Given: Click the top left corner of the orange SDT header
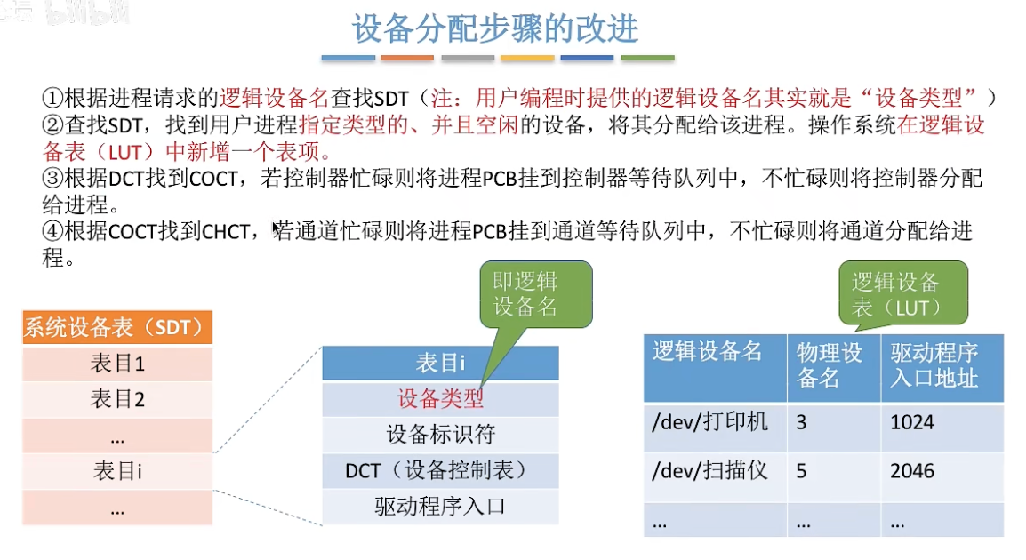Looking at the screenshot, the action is pos(23,311).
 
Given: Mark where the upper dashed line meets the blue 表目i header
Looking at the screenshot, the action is pos(322,348).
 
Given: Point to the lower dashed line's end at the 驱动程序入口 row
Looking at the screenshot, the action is pos(322,524).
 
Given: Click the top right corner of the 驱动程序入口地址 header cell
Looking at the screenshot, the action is pos(1003,335).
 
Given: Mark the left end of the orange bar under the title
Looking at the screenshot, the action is pos(381,59).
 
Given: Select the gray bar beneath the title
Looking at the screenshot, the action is pos(468,59).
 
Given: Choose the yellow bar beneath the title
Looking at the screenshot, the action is pos(527,59).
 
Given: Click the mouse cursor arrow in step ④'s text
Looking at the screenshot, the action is pos(277,228).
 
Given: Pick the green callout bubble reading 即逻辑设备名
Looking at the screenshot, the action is pos(536,293).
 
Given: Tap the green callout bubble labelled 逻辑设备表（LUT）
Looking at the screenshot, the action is pos(903,293).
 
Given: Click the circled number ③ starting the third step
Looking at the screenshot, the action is pos(53,178).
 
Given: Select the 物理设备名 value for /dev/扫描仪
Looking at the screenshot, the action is pos(802,472).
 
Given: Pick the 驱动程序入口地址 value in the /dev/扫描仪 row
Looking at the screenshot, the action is pos(911,471).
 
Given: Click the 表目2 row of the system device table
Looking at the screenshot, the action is pos(117,399).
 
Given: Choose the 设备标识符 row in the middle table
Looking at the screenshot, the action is pos(440,435).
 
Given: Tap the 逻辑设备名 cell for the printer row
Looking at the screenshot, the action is pos(710,422).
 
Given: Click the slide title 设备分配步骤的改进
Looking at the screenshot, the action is pos(495,28).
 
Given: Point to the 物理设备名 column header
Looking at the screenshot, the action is pos(829,365).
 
